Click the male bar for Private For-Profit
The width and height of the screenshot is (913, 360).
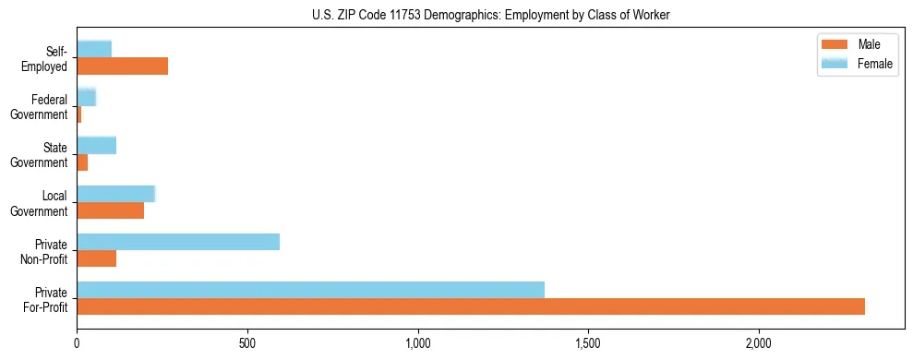click(x=471, y=306)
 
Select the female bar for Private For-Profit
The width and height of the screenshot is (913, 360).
click(x=310, y=290)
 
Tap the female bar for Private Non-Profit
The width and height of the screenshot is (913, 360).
click(x=178, y=242)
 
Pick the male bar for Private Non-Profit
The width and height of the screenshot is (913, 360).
click(x=97, y=258)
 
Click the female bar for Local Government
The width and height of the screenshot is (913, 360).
click(x=116, y=194)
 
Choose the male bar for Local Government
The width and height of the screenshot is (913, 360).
click(x=111, y=210)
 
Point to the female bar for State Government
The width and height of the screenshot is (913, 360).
click(x=97, y=145)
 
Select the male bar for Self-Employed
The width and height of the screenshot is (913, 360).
click(x=123, y=66)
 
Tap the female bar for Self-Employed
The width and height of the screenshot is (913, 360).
click(x=94, y=49)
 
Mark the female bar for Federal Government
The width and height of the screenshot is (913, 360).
click(x=87, y=97)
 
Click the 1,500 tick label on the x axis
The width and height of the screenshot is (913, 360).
click(x=588, y=343)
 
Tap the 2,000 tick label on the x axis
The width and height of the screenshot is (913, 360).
click(x=758, y=343)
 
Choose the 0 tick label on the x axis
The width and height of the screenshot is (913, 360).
click(x=78, y=343)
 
